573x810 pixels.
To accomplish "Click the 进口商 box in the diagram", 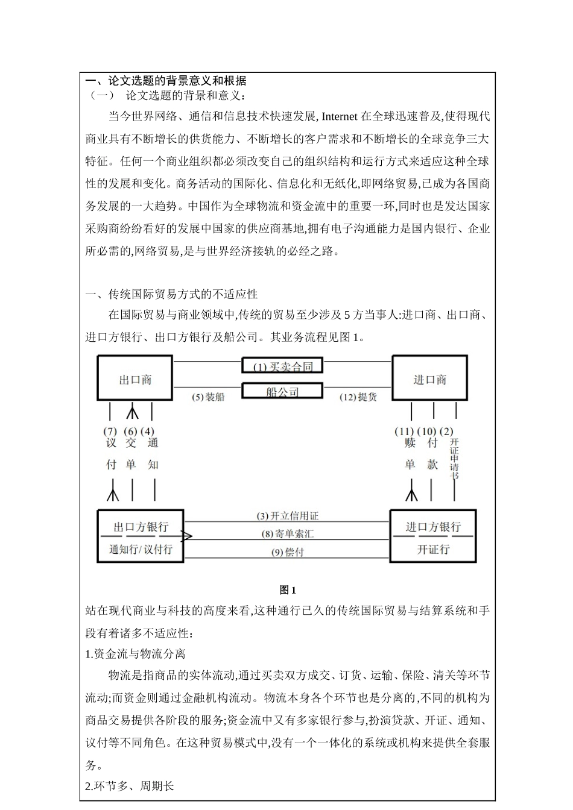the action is pos(429,378).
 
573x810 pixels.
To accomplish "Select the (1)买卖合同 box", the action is pos(282,366).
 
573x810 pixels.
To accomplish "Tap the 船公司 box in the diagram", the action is pos(282,392).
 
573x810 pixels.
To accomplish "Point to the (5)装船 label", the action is pos(208,397).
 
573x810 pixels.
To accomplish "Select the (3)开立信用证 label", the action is pos(287,516).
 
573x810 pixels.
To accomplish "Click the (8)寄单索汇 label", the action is pos(287,533).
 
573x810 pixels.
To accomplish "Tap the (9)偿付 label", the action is pos(287,551).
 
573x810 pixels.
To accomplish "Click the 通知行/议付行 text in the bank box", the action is pos(141,549).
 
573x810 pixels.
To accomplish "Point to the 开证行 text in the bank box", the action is pos(433,549).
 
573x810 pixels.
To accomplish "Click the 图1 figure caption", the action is pos(287,590).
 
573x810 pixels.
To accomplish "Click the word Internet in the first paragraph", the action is pos(340,116).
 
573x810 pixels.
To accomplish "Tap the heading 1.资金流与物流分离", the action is pos(135,654).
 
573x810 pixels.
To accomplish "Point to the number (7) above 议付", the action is pos(110,432).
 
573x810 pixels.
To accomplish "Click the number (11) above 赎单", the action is pos(404,432).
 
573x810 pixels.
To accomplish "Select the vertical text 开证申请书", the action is pos(454,459).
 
